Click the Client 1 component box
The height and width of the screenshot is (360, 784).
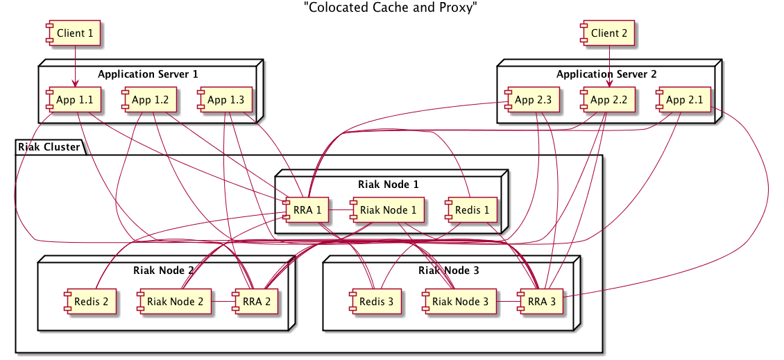click(x=74, y=33)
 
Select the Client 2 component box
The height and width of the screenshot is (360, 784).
click(x=608, y=33)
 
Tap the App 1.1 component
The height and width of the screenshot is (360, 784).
click(x=74, y=100)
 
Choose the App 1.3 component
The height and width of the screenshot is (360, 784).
click(x=225, y=100)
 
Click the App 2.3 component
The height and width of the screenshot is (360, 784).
click(x=532, y=100)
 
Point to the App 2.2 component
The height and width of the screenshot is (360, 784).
click(x=608, y=100)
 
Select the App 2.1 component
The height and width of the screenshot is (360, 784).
click(x=684, y=100)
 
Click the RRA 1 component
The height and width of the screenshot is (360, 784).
click(x=306, y=209)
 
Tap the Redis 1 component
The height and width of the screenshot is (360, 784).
click(x=472, y=209)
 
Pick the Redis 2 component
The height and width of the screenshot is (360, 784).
click(x=88, y=302)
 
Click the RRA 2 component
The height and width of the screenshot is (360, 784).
click(x=253, y=302)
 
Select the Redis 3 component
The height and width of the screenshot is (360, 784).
click(x=375, y=302)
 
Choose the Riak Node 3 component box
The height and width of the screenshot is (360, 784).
click(x=460, y=302)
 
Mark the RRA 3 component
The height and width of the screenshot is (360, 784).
click(x=543, y=302)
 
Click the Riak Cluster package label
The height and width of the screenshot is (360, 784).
click(x=49, y=147)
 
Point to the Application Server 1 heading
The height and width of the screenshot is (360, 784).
click(x=148, y=74)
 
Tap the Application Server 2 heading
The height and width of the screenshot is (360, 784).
click(x=606, y=74)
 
